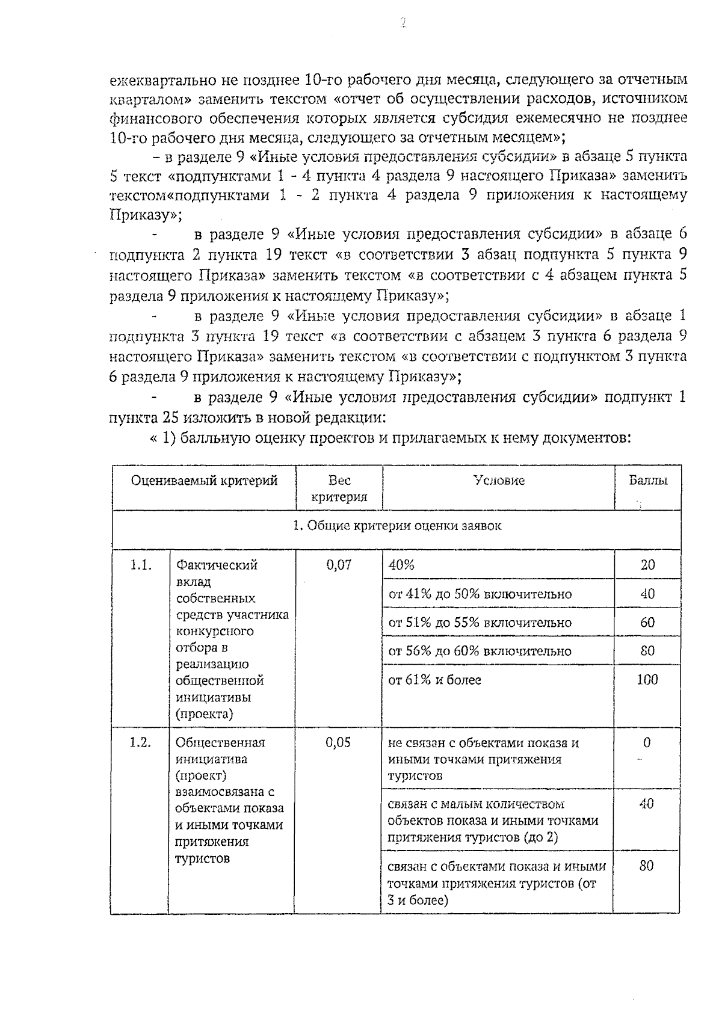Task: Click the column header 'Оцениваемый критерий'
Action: point(205,481)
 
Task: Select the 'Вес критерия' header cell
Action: point(339,488)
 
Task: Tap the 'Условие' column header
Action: point(499,480)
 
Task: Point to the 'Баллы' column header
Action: point(647,480)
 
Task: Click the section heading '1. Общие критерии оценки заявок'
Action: point(397,526)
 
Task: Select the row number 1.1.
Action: point(140,565)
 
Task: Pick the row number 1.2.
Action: point(140,742)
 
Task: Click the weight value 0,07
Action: point(339,565)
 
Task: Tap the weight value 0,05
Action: point(338,742)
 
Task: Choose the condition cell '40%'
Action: point(402,565)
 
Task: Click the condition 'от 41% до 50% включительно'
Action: point(480,594)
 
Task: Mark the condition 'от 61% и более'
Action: point(434,680)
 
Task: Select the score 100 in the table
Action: point(647,680)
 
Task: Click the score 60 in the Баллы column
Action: point(647,623)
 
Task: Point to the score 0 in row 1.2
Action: point(647,742)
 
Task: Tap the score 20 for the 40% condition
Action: point(647,565)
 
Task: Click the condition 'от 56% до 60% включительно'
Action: point(480,651)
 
